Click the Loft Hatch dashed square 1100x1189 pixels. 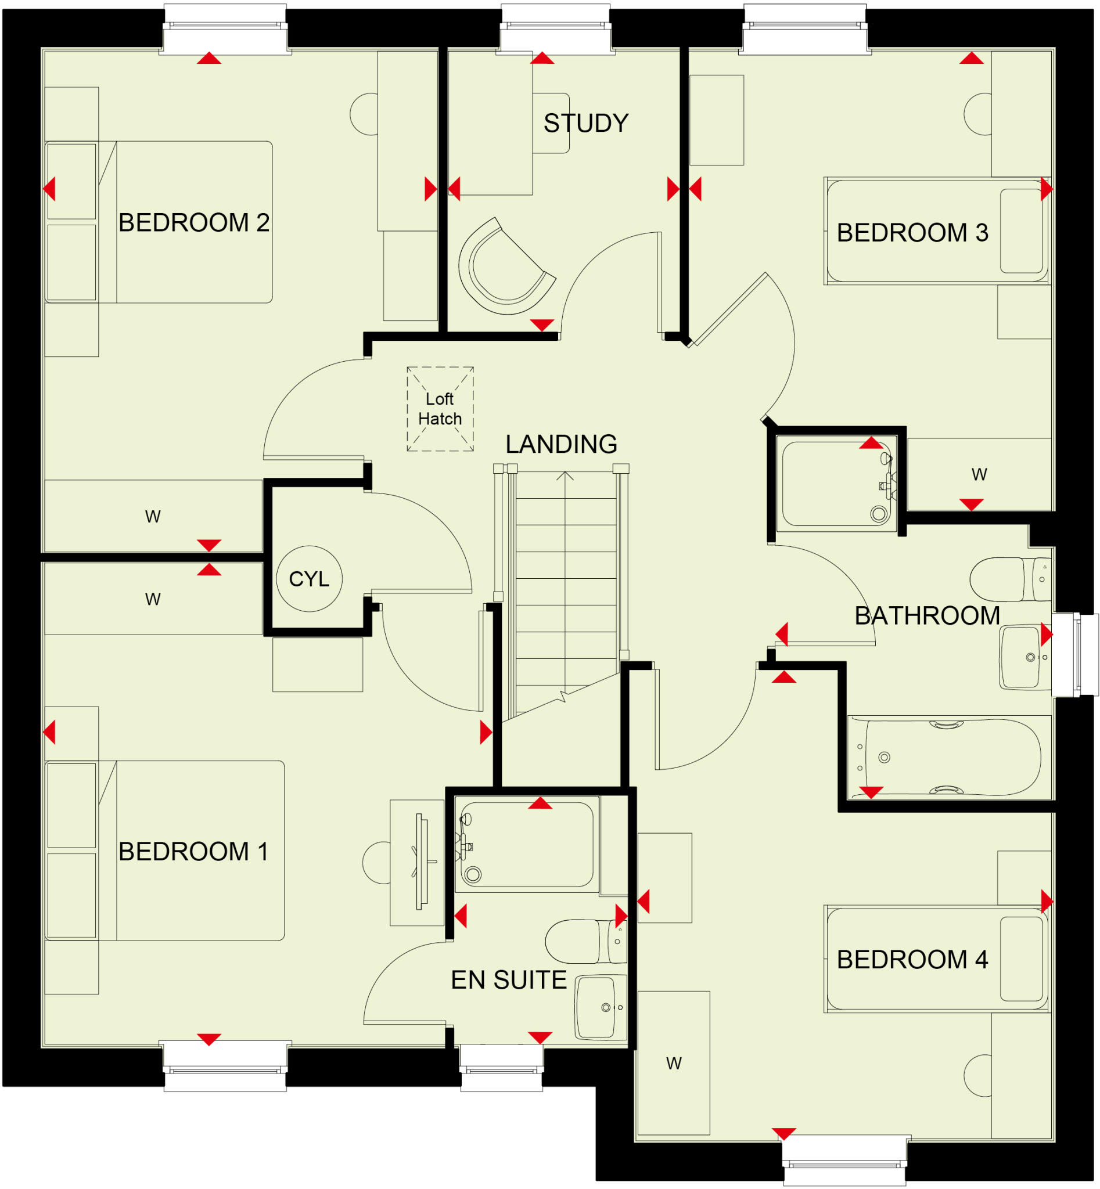(440, 409)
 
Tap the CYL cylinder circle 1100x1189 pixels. (309, 578)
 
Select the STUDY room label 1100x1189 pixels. (585, 123)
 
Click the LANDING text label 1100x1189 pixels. (560, 444)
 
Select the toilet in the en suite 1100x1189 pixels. (584, 942)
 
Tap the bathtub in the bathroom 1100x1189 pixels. (949, 758)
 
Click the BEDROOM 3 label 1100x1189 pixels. (912, 233)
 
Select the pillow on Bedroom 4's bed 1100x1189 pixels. (1021, 959)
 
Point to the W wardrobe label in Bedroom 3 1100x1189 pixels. (979, 475)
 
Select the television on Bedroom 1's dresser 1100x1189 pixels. (422, 862)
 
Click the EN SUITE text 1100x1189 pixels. (508, 980)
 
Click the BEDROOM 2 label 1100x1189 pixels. (193, 222)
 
